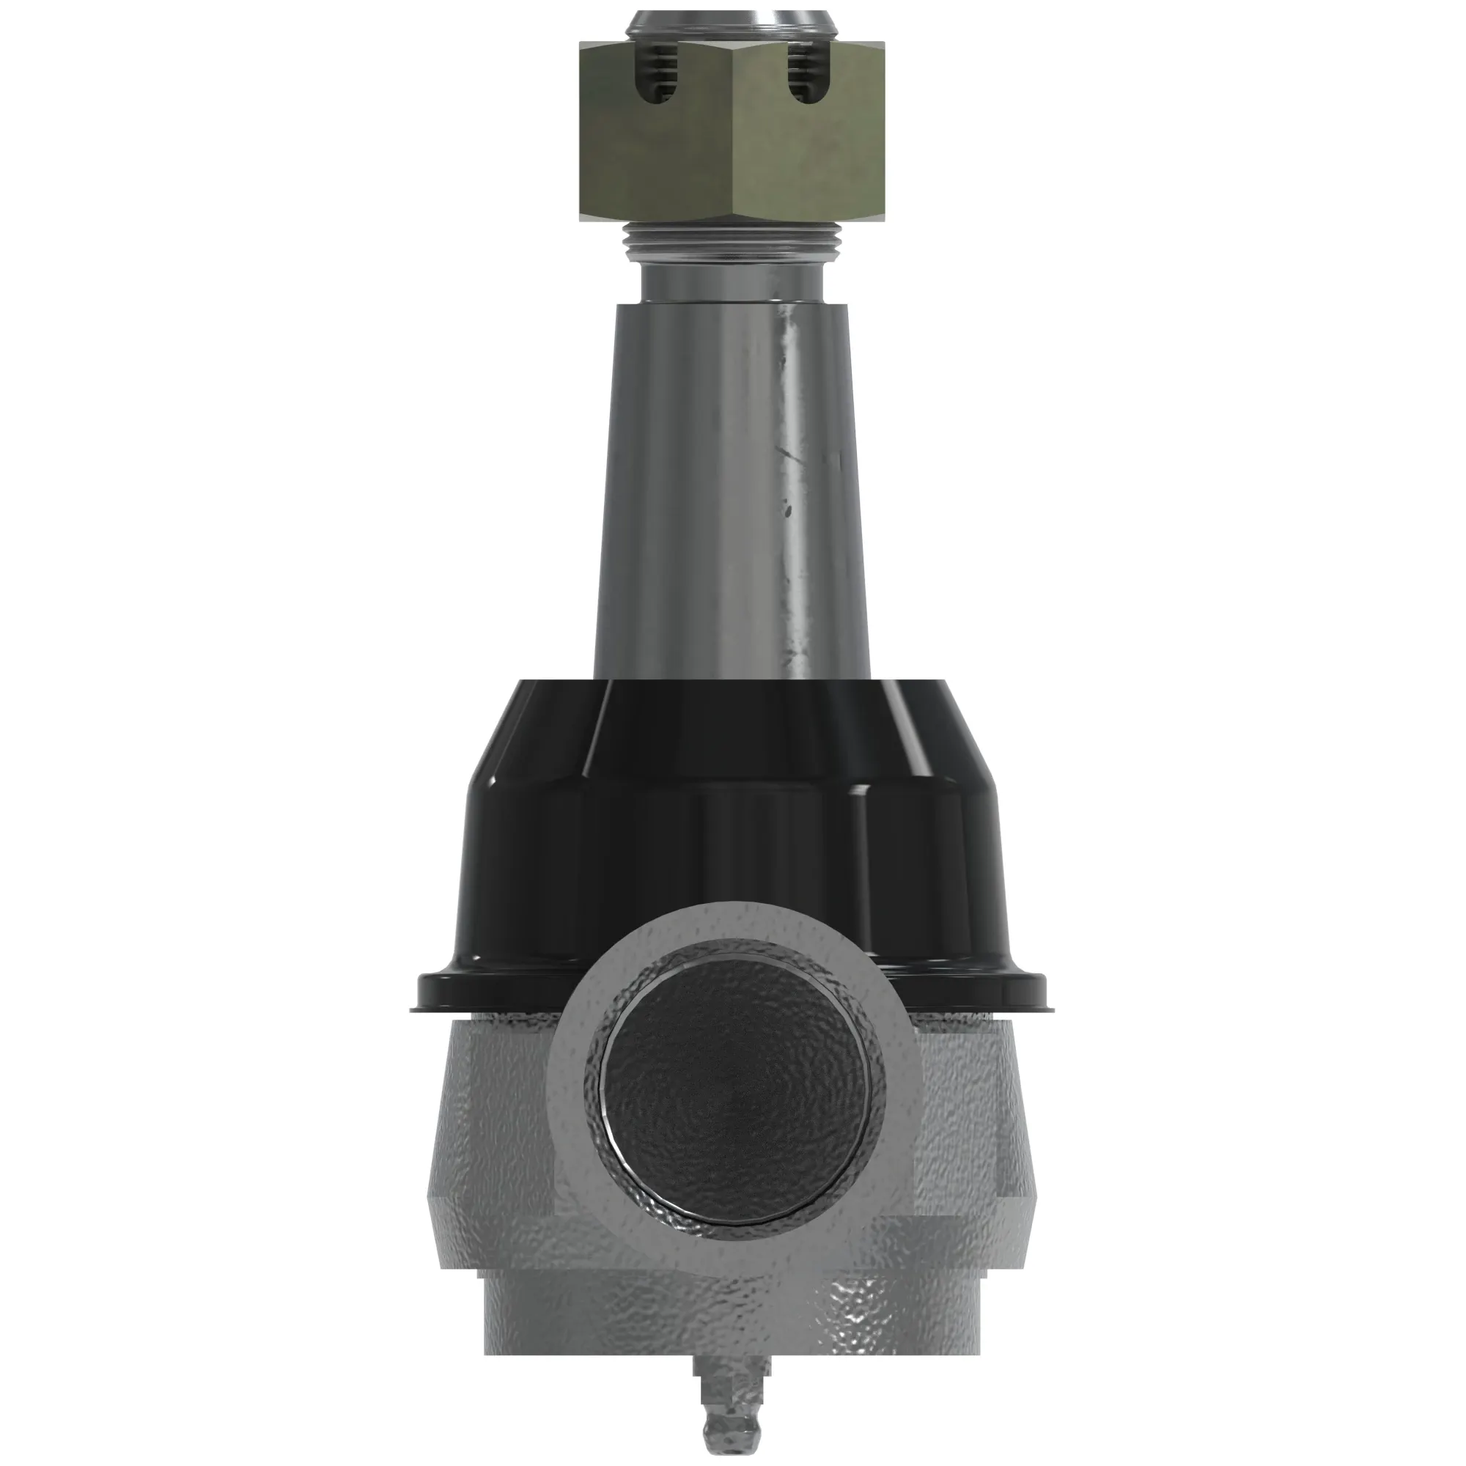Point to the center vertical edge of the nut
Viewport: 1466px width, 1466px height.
pos(733,136)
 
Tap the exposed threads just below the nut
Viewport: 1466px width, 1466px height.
pos(732,243)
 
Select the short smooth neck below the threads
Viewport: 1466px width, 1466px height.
pos(732,282)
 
